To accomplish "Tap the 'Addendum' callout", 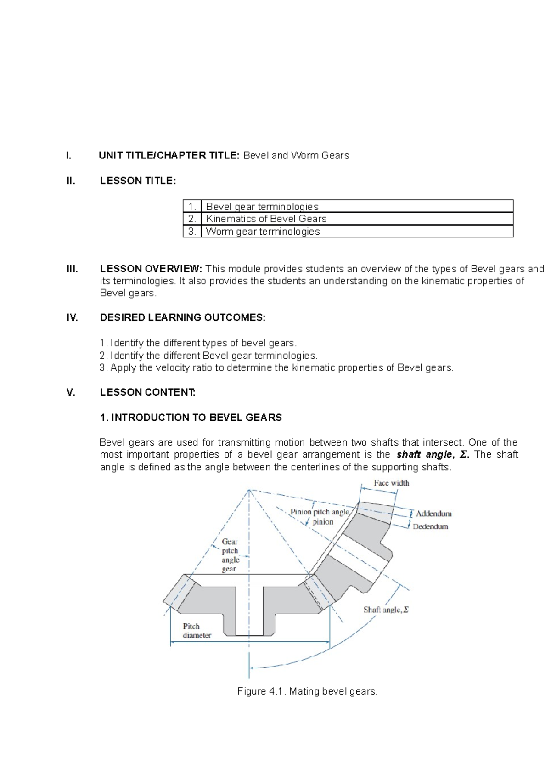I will click(x=433, y=514).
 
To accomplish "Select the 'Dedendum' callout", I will click(x=430, y=526).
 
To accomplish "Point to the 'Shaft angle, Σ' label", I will click(x=386, y=610).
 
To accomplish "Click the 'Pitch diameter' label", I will click(x=197, y=631).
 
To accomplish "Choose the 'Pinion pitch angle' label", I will click(x=320, y=512).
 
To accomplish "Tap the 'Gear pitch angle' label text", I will click(x=230, y=555).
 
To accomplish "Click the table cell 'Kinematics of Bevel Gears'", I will click(x=266, y=219).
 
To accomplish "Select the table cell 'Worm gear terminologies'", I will click(x=263, y=232).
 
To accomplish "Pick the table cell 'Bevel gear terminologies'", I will click(x=262, y=207).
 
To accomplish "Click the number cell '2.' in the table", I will click(x=192, y=219).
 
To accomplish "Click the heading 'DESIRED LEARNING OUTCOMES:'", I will click(x=182, y=317).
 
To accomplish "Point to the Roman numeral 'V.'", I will click(x=71, y=392).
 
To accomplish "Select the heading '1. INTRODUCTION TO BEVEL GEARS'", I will click(x=191, y=418).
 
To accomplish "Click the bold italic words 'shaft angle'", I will click(x=424, y=455).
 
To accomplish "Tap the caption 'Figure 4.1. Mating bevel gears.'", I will click(x=307, y=691).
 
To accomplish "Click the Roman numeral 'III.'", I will click(x=72, y=269).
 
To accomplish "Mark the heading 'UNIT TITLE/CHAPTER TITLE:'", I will click(x=169, y=155).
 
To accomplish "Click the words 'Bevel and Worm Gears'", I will click(x=296, y=155).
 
